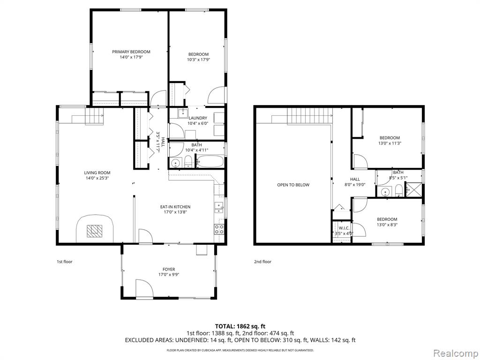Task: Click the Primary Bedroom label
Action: pyautogui.click(x=131, y=52)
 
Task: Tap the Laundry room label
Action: pyautogui.click(x=198, y=118)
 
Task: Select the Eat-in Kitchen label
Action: pyautogui.click(x=175, y=207)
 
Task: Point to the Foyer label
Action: pyautogui.click(x=169, y=270)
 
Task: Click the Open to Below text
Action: pyautogui.click(x=293, y=185)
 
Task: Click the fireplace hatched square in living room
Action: pyautogui.click(x=94, y=231)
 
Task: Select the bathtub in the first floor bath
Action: pyautogui.click(x=210, y=161)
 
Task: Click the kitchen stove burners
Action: pyautogui.click(x=219, y=229)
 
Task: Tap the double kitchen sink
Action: pyautogui.click(x=219, y=208)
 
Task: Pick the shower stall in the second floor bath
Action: pyautogui.click(x=413, y=189)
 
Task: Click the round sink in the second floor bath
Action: pyautogui.click(x=384, y=192)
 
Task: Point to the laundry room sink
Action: pyautogui.click(x=183, y=113)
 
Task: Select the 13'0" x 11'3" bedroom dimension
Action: pyautogui.click(x=390, y=143)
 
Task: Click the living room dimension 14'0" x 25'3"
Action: pyautogui.click(x=97, y=178)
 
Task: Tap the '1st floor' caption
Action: pyautogui.click(x=65, y=262)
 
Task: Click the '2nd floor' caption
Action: pyautogui.click(x=262, y=262)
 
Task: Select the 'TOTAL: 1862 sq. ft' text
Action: pyautogui.click(x=238, y=326)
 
